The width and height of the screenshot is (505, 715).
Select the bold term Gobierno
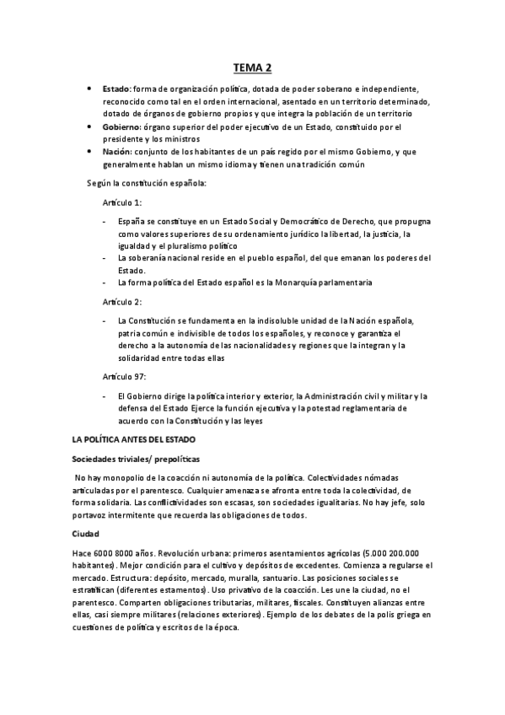(x=120, y=126)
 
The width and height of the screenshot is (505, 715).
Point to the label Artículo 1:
(x=123, y=204)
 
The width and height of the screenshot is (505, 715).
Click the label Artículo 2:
(x=123, y=301)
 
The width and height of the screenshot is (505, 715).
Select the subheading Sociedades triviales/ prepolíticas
(x=136, y=460)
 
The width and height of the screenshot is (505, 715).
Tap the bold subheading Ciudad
(x=86, y=534)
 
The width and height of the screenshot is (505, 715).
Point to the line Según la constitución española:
(x=146, y=183)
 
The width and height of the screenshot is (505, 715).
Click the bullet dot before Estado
(x=90, y=89)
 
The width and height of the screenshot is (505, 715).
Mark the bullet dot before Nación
(x=90, y=152)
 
